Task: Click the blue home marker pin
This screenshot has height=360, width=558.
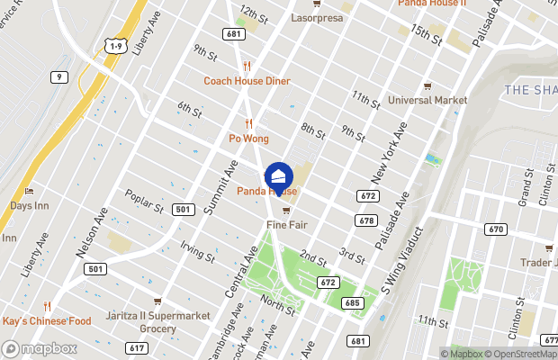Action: [279, 176]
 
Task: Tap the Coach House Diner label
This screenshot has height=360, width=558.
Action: [246, 80]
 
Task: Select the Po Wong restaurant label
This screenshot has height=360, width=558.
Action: [248, 138]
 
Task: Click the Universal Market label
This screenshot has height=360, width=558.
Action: [427, 100]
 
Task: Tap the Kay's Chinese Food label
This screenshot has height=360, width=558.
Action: [47, 320]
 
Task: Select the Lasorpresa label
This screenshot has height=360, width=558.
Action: [317, 17]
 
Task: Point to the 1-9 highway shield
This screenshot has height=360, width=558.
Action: [114, 45]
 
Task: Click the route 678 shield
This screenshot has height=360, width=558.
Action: [365, 220]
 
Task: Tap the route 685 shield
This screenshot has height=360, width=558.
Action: [352, 303]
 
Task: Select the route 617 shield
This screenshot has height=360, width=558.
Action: [137, 348]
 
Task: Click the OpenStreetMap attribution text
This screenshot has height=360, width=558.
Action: [522, 354]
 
